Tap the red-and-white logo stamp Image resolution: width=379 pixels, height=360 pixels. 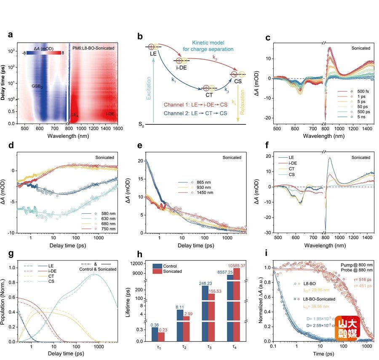(x=347, y=328)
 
